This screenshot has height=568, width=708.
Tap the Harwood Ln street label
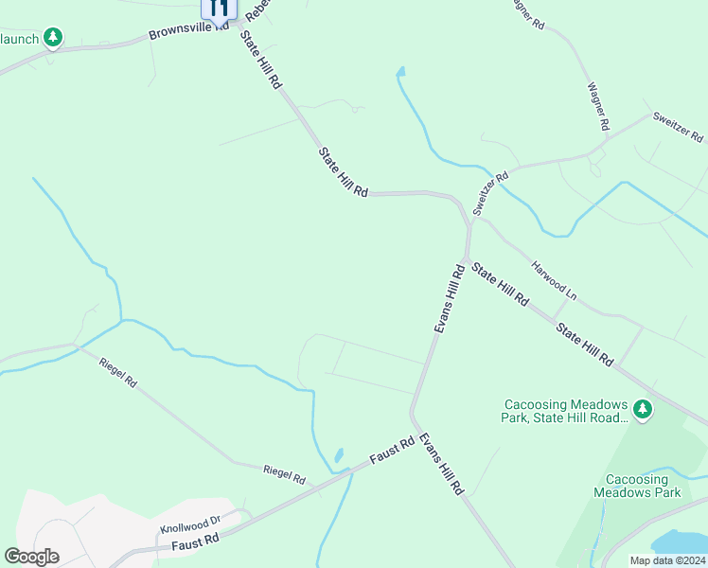554,280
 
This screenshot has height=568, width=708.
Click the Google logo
31,557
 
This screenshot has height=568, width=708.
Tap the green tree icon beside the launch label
54,38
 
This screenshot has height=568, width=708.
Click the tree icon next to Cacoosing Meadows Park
644,409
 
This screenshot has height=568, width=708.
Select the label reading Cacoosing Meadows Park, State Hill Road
566,410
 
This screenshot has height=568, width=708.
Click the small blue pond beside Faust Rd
338,456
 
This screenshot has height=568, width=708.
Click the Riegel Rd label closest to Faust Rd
284,474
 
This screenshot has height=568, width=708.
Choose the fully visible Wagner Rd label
597,105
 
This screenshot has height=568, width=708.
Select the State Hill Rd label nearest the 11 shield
261,60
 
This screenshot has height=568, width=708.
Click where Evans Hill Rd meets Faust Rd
413,415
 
